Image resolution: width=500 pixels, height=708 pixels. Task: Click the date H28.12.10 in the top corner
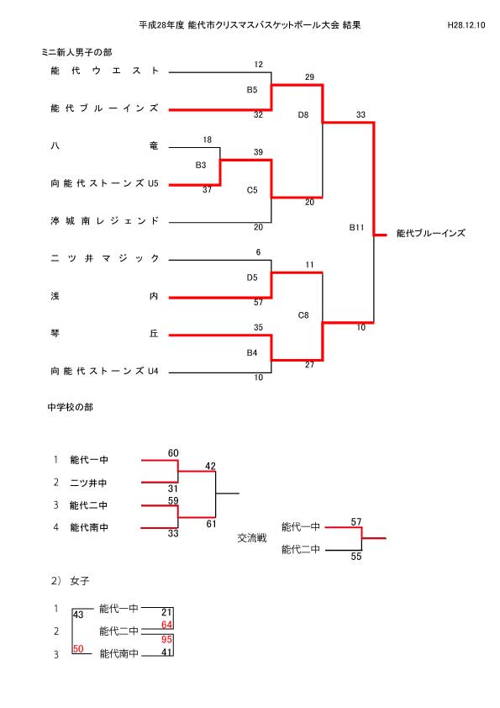coord(466,25)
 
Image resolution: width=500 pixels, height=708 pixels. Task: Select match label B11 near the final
coord(356,228)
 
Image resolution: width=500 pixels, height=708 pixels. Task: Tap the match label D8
coord(303,115)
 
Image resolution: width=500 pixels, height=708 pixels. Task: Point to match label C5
coord(252,190)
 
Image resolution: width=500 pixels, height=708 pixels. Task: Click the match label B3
coord(201,166)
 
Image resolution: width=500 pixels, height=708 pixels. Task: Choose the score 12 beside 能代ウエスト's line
coord(258,65)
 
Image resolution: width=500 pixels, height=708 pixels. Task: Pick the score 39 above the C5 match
coord(258,152)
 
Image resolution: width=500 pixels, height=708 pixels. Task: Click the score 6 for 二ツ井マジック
coord(258,252)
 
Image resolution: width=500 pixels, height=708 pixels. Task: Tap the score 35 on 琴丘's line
coord(258,327)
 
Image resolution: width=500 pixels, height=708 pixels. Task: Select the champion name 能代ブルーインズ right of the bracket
coord(430,234)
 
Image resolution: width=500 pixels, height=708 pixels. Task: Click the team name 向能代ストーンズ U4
coord(105,371)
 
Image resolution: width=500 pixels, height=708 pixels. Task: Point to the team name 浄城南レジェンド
coord(105,221)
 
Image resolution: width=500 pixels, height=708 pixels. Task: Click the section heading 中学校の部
coord(71,407)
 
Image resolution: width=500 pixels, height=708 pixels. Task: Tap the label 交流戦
coord(252,538)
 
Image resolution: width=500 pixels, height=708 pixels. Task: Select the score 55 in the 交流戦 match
coord(356,557)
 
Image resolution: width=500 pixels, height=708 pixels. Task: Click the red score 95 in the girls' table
coord(166,639)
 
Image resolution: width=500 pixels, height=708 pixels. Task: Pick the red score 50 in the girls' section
coord(78,649)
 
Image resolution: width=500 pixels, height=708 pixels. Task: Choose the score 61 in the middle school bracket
coord(211,524)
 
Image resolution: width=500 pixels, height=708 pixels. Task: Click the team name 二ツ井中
coord(88,483)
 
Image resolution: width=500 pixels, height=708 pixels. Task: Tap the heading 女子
coord(80,581)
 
